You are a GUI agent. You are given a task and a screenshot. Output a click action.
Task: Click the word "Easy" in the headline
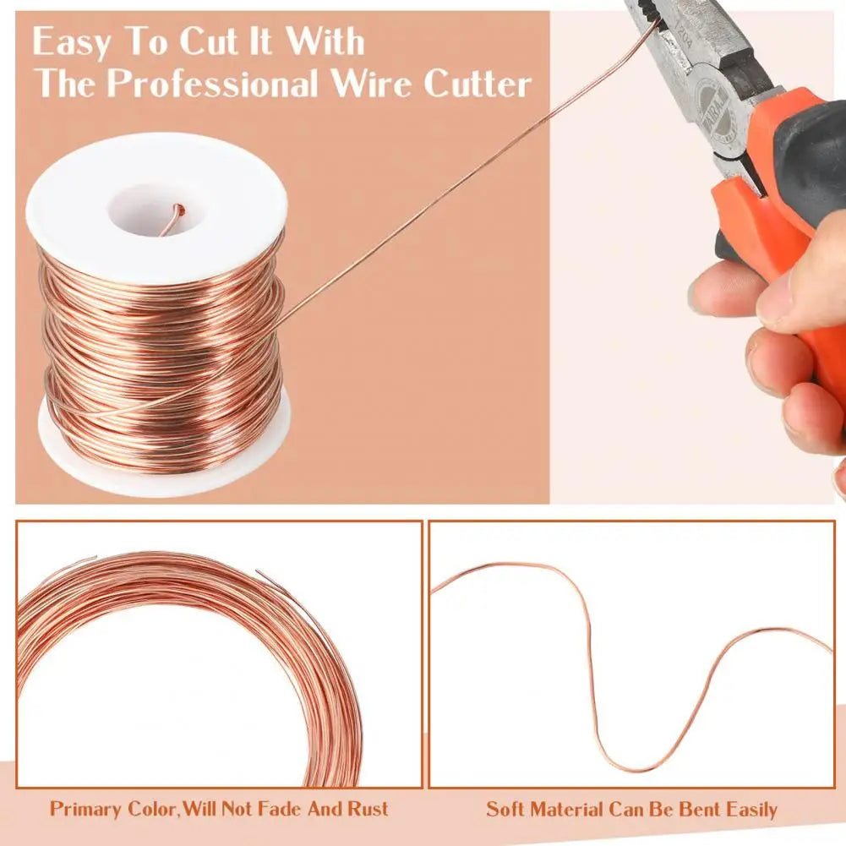click(71, 41)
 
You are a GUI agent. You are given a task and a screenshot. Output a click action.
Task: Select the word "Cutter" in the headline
click(478, 84)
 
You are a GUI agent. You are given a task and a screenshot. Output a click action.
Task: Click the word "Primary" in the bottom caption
click(86, 809)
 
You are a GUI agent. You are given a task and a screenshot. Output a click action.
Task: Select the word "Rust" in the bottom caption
click(368, 808)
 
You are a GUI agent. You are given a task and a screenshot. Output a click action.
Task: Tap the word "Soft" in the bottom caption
click(505, 810)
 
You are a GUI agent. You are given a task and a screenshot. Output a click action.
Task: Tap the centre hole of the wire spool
click(157, 211)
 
